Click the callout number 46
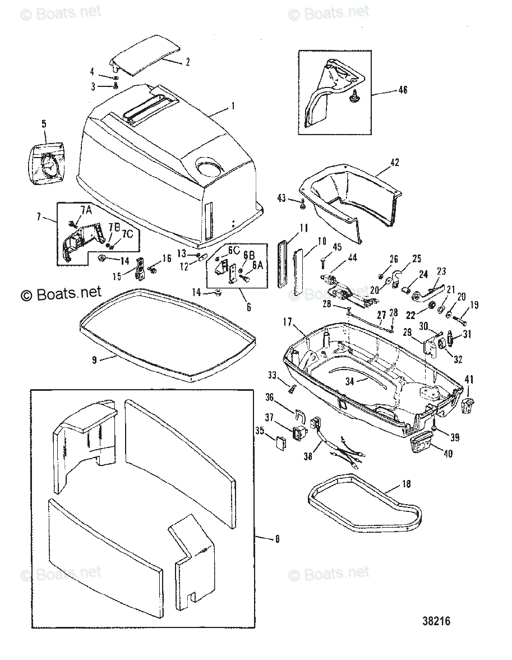click(402, 90)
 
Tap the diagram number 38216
click(436, 621)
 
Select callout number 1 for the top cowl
click(233, 105)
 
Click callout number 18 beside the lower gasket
click(406, 483)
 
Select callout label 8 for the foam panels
click(276, 539)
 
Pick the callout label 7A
click(86, 210)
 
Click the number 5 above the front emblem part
click(44, 123)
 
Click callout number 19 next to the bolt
click(474, 306)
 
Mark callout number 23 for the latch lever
click(441, 271)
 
